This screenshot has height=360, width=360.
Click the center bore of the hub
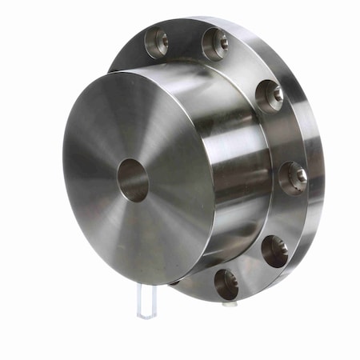tap(133, 179)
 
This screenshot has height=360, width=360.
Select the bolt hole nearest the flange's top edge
tap(215, 43)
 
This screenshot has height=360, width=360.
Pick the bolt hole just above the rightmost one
tap(270, 95)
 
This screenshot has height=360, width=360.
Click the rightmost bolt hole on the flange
tap(293, 176)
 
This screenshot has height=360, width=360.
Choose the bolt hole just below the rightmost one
tap(274, 250)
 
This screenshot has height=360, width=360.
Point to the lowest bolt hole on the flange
tap(226, 283)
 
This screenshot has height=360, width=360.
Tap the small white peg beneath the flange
tap(228, 304)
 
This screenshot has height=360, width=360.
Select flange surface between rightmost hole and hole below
tap(288, 214)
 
